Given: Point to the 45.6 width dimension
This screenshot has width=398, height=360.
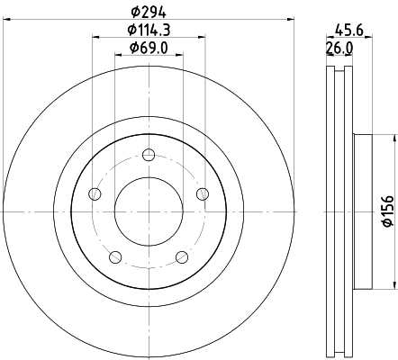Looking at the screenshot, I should (x=340, y=28).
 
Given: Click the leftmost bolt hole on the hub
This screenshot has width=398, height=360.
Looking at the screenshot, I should (x=95, y=193).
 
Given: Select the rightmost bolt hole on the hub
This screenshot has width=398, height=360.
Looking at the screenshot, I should (x=202, y=193).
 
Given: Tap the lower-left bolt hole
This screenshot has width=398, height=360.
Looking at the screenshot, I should (x=115, y=257).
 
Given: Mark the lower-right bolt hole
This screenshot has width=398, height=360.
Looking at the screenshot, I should (x=182, y=257).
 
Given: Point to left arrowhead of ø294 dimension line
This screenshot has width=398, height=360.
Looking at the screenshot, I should (x=6, y=19).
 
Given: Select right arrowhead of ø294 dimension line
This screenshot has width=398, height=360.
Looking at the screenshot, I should (x=290, y=19).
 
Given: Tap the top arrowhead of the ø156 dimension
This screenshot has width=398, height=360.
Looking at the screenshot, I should (x=393, y=137).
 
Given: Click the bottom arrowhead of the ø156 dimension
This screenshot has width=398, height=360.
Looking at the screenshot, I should (x=393, y=286).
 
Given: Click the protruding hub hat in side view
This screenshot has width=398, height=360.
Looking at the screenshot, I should (x=362, y=211).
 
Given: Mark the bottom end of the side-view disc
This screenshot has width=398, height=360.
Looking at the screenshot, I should (x=339, y=352).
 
